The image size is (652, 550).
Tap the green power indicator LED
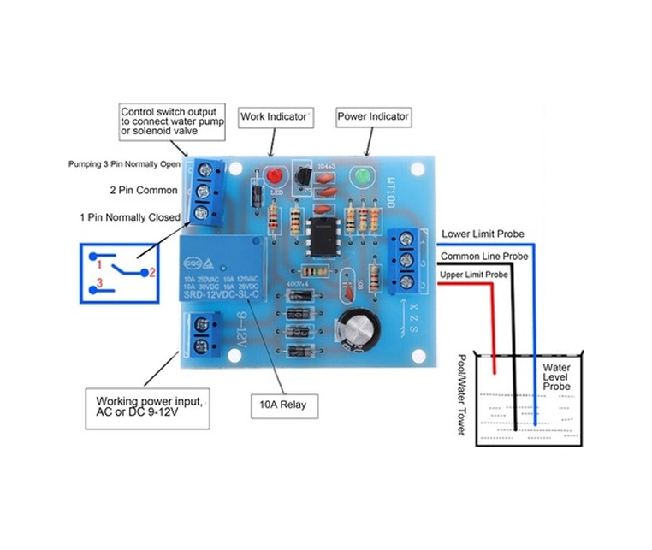tap(361, 177)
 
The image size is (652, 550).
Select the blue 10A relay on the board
tap(221, 269)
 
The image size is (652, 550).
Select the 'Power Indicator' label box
tap(373, 115)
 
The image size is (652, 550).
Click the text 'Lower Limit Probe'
tap(483, 234)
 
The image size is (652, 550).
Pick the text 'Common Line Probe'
tap(484, 255)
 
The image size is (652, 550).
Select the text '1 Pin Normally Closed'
tap(129, 217)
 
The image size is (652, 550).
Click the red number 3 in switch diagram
tap(99, 281)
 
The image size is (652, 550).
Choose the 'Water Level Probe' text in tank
tap(557, 376)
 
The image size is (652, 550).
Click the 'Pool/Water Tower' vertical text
tap(463, 394)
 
